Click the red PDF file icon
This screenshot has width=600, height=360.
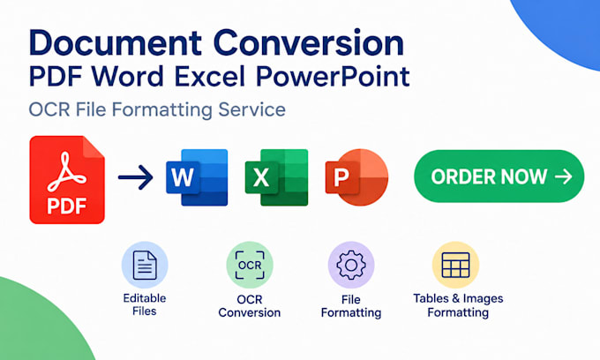[x=67, y=180]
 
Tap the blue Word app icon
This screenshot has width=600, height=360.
[x=197, y=177]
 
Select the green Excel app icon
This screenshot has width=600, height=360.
[x=276, y=177]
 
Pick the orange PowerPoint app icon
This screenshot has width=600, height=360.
[x=356, y=177]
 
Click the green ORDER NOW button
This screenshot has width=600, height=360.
[x=499, y=176]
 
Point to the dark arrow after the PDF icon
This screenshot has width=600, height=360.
[x=136, y=177]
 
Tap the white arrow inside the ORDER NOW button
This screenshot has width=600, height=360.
[x=563, y=176]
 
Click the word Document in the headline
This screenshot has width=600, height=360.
[x=116, y=43]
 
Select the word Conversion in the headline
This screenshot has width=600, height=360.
[x=309, y=43]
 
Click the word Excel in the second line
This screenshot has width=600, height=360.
[x=210, y=77]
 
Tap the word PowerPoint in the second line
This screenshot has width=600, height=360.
[x=333, y=77]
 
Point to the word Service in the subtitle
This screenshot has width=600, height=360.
[x=251, y=109]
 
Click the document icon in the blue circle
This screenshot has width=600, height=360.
[x=145, y=265]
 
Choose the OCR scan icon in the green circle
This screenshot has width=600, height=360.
[x=250, y=265]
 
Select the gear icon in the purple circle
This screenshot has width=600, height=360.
[x=351, y=265]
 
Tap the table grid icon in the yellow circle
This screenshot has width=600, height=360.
[x=455, y=265]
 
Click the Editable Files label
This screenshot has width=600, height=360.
[x=145, y=304]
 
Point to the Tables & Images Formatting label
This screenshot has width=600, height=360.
[x=458, y=305]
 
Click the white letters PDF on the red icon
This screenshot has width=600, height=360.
[x=66, y=206]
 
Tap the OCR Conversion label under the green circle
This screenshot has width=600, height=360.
[x=250, y=306]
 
